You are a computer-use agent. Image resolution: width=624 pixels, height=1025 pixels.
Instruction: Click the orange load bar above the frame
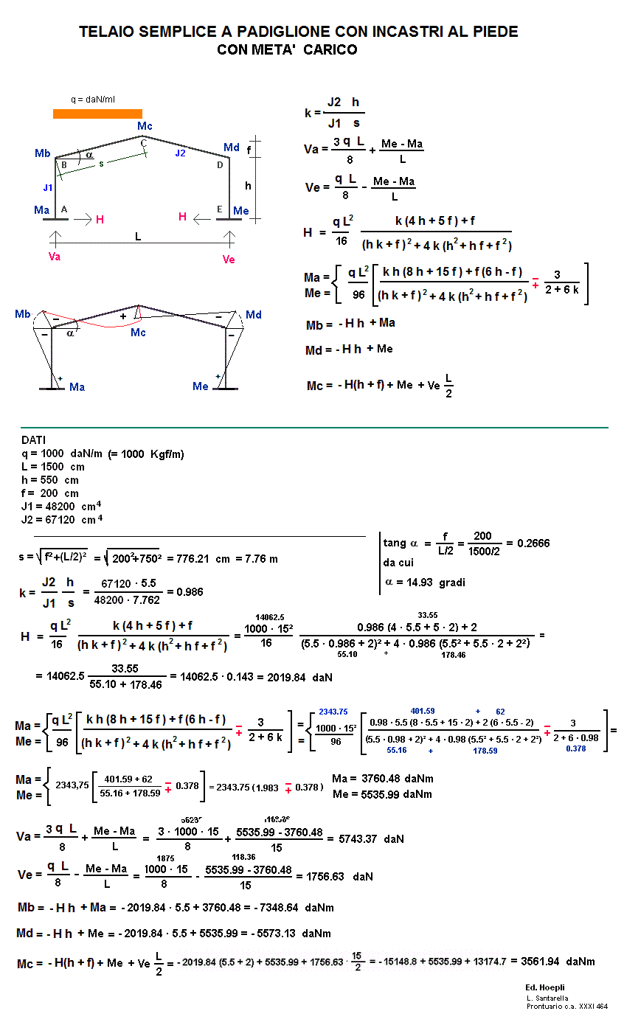(97, 114)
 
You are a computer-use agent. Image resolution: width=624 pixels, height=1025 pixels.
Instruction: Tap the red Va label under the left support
(55, 257)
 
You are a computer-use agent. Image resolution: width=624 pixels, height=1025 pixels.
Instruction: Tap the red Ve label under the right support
(229, 259)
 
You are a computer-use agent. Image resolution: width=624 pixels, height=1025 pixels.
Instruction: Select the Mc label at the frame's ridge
(145, 126)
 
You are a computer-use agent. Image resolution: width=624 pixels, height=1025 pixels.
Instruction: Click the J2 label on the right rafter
(181, 153)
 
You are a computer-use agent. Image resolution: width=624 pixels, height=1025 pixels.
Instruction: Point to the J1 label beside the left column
(48, 187)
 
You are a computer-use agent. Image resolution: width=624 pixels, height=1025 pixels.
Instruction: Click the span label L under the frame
(138, 237)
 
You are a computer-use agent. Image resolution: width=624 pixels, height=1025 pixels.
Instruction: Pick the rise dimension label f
(249, 150)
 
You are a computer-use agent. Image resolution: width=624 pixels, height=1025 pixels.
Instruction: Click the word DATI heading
(34, 440)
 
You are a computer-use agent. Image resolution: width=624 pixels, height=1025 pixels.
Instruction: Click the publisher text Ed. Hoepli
(545, 987)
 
